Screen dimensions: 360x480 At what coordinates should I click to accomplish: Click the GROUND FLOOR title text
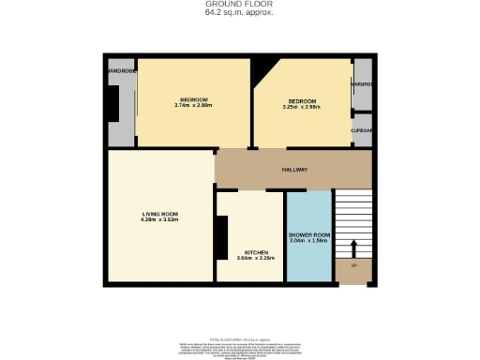(x=239, y=5)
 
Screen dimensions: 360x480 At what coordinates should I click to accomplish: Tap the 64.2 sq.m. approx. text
(x=239, y=13)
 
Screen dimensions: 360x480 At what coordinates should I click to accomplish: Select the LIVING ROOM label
(x=159, y=215)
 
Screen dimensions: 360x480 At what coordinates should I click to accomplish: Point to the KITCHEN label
(x=257, y=253)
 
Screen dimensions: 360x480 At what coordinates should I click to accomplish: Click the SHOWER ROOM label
(x=308, y=235)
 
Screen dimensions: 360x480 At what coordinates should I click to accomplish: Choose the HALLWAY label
(x=295, y=170)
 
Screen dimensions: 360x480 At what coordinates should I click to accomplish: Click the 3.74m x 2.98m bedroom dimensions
(x=194, y=105)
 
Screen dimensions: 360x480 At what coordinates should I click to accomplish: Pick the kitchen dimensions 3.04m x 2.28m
(x=257, y=260)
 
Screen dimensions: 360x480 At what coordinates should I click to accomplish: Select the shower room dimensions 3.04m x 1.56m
(x=308, y=242)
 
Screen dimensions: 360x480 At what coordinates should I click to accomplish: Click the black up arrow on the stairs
(x=353, y=247)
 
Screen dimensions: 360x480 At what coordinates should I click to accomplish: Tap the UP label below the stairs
(x=353, y=267)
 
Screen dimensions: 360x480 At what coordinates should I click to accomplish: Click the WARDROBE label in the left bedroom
(x=120, y=69)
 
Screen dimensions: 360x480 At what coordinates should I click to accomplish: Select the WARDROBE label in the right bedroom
(x=362, y=84)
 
